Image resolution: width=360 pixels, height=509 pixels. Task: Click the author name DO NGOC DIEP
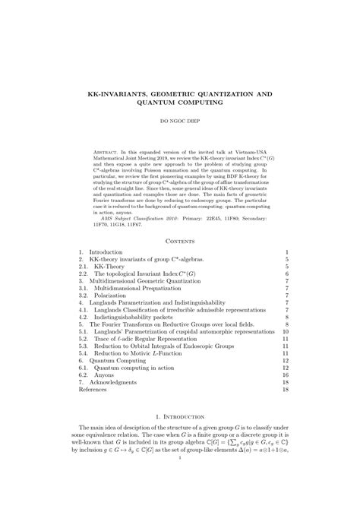(179, 120)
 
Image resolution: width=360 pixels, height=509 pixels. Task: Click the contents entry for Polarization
(106, 294)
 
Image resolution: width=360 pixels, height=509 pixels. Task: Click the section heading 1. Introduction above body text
(179, 417)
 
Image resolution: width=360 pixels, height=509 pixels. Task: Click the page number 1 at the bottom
(180, 457)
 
